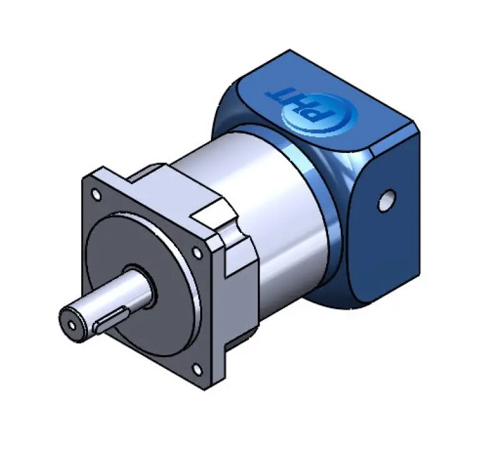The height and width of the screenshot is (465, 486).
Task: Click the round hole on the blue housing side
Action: pos(387,200)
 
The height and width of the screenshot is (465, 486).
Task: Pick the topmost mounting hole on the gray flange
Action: pos(95,195)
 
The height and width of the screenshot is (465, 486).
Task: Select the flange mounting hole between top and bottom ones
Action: pos(197,252)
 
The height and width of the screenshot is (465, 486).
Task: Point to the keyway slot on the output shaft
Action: pos(112,321)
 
